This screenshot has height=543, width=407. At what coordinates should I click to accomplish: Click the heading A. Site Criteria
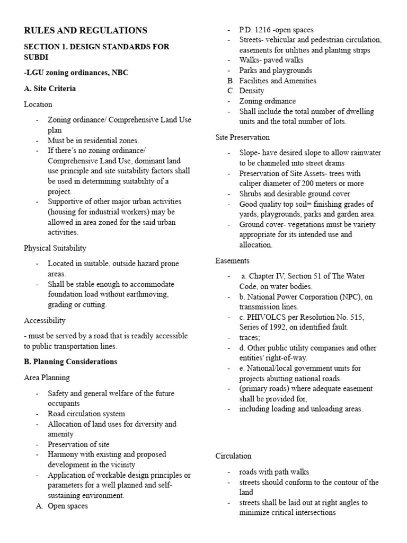(50, 89)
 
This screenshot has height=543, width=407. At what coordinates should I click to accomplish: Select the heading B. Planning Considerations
(70, 362)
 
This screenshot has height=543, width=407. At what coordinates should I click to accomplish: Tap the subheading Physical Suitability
(55, 248)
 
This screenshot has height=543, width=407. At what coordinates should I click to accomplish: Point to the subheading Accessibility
(45, 320)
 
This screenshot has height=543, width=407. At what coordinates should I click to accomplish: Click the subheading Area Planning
(47, 378)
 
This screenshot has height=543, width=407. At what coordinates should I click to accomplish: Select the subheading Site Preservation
(242, 137)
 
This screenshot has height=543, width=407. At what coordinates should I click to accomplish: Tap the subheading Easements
(232, 260)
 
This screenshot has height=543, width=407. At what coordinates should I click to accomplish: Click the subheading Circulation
(233, 456)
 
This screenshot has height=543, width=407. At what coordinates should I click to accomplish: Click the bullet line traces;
(250, 337)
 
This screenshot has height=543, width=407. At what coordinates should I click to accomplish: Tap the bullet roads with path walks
(273, 472)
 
